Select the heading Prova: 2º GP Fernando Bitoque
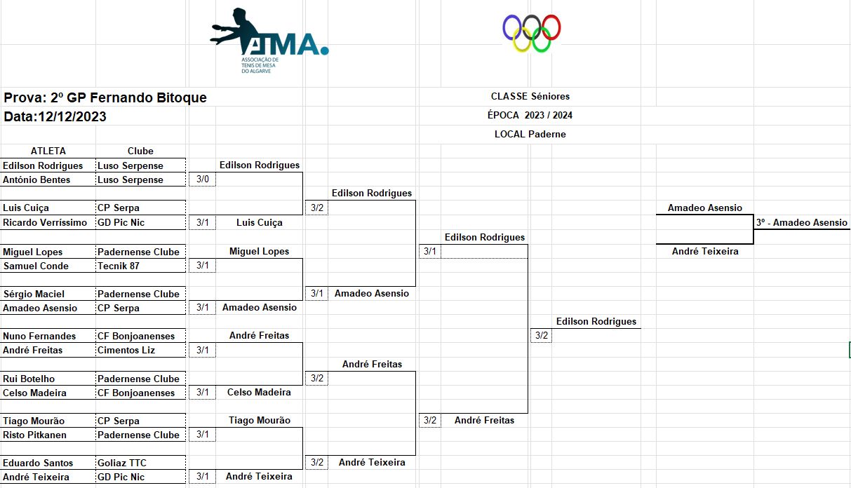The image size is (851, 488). point(105,97)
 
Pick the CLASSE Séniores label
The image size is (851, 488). point(530,96)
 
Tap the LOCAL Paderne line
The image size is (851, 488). point(530,134)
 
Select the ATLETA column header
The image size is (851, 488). point(48,151)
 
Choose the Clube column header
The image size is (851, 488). point(140,151)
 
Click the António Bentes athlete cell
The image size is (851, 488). point(36,179)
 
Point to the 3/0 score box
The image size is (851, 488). point(202,179)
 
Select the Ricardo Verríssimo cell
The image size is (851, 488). point(45,222)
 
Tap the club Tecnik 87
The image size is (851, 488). point(119,266)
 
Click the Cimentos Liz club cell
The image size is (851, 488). point(126,350)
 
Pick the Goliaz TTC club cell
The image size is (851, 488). point(122,463)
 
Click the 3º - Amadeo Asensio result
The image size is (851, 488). point(801,222)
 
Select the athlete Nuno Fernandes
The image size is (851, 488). point(39,336)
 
